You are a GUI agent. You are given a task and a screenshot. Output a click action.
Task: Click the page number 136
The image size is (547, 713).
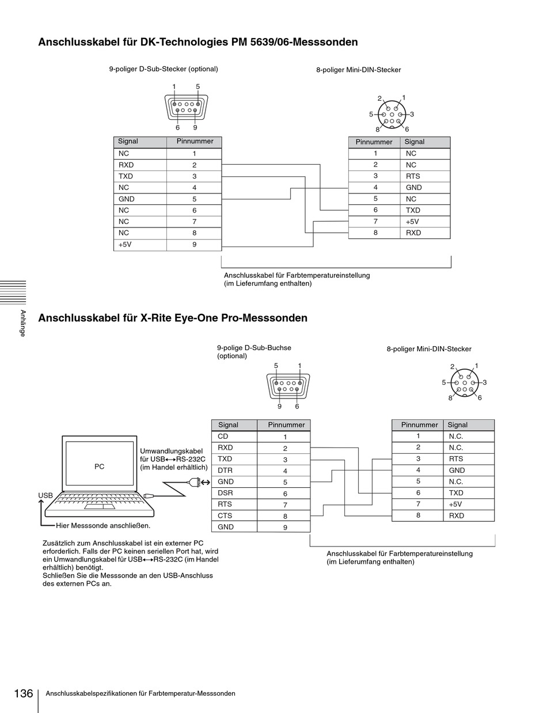click(23, 693)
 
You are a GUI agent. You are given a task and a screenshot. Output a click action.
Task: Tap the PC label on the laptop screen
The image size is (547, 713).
click(100, 467)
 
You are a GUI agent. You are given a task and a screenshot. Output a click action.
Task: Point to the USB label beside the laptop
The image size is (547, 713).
click(45, 495)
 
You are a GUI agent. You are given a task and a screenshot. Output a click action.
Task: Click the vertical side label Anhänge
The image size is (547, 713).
click(22, 323)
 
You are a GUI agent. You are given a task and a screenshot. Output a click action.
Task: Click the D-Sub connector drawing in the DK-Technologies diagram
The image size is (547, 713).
click(186, 107)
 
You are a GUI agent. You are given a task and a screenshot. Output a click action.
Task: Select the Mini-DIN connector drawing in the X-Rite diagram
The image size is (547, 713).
click(464, 382)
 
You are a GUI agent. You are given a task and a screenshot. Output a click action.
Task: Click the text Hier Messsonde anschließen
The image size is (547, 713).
click(103, 525)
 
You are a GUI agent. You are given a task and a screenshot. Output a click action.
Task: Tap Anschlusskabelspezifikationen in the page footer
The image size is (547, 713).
click(92, 693)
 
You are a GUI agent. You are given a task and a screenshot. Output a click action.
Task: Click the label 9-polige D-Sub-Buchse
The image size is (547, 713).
click(254, 348)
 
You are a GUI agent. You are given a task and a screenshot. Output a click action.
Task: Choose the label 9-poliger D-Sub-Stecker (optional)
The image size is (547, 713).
click(164, 69)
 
